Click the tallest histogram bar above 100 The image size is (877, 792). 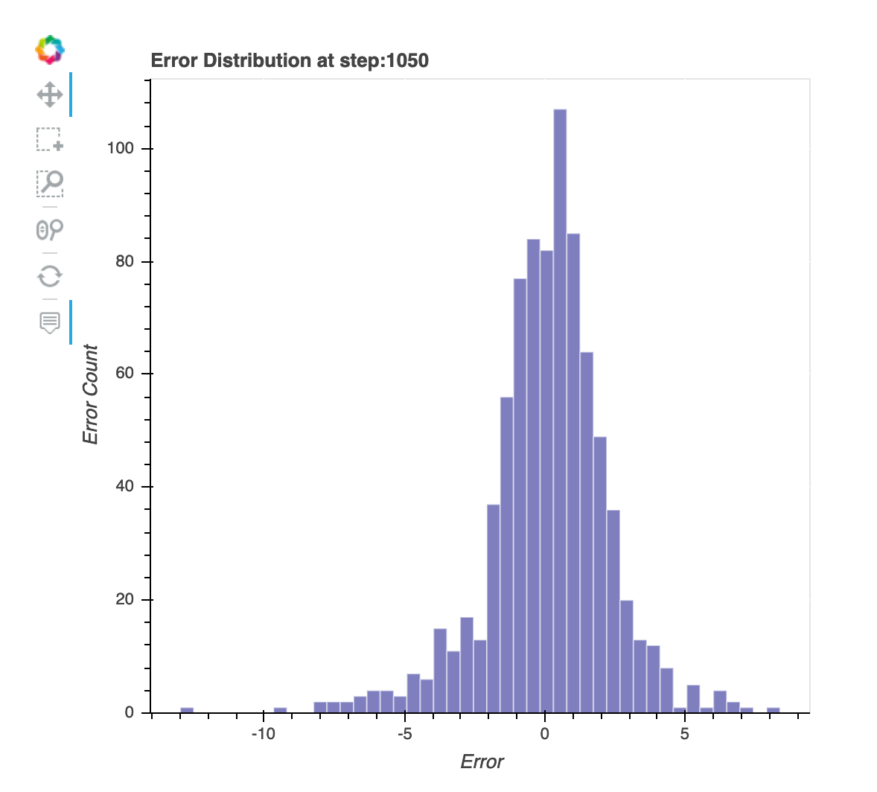[x=560, y=409]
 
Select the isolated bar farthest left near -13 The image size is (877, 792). [x=187, y=709]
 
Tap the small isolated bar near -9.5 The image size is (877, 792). [x=280, y=709]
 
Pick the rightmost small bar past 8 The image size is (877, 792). [x=774, y=709]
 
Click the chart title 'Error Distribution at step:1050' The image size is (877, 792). [x=290, y=60]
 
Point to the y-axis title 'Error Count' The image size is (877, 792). [x=90, y=395]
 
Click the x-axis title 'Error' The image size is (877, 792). [x=482, y=761]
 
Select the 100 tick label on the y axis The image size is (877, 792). [x=120, y=148]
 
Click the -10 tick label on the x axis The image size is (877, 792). [x=262, y=734]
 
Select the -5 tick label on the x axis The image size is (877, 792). [x=404, y=734]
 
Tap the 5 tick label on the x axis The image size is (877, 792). [x=685, y=734]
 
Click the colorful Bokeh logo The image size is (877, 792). [x=50, y=50]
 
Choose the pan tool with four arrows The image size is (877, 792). [x=50, y=95]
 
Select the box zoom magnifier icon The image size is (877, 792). [x=50, y=183]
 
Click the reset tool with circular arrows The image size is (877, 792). [x=50, y=276]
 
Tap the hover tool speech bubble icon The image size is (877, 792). [x=50, y=322]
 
